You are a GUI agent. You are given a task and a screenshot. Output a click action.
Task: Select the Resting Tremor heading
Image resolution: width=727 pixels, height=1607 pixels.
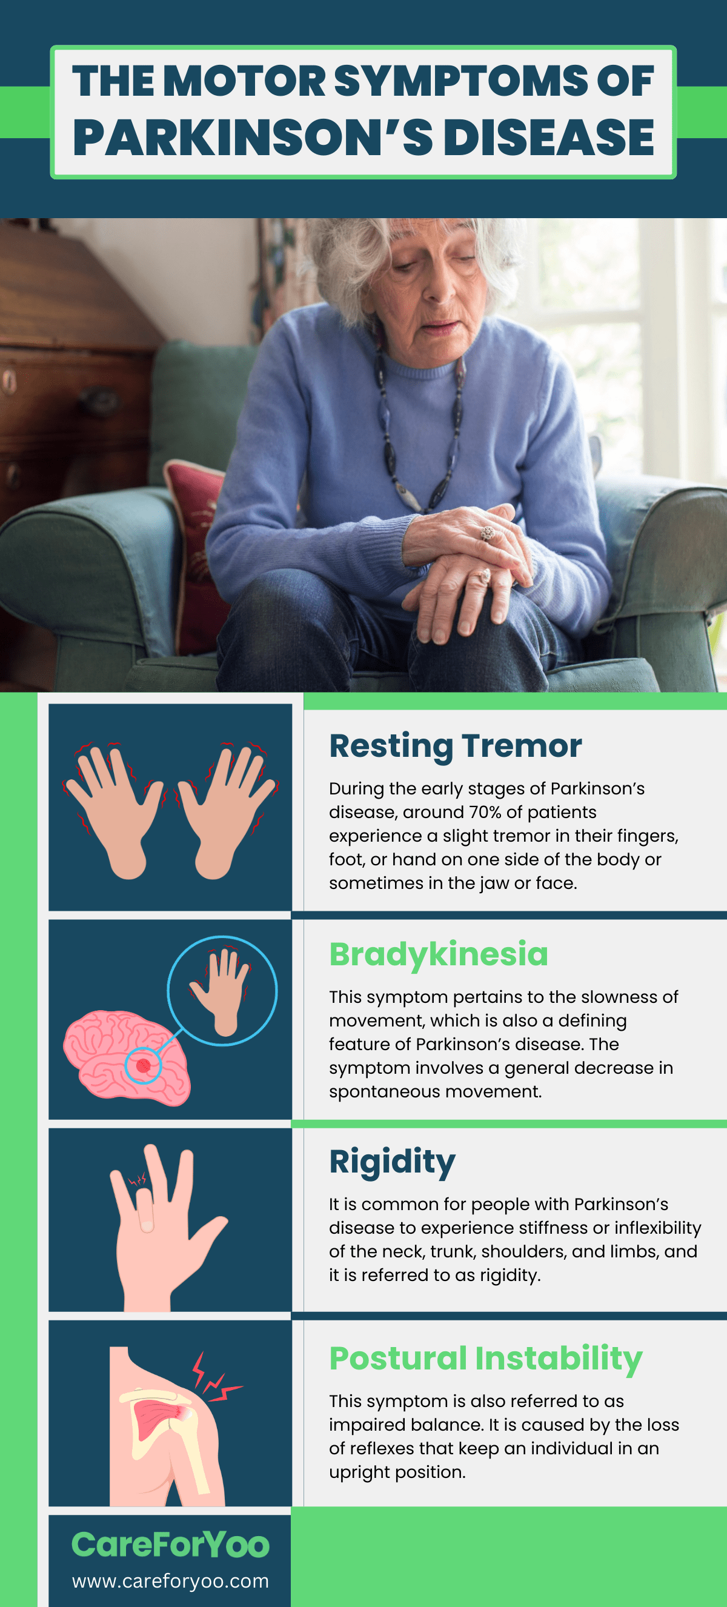(x=455, y=745)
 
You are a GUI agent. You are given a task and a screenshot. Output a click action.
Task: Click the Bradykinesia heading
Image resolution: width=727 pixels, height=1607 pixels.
(x=438, y=954)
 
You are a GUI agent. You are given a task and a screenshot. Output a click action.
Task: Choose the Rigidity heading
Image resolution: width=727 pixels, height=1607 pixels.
(x=392, y=1162)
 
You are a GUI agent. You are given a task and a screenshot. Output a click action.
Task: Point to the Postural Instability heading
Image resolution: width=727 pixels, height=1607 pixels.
(x=486, y=1358)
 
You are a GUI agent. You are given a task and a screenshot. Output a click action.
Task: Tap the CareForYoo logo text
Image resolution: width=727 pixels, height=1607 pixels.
(x=170, y=1545)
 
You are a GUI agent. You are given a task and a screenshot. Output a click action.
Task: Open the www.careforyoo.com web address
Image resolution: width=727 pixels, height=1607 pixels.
(x=170, y=1581)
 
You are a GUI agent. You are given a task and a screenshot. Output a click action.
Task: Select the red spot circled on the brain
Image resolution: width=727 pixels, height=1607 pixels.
(x=144, y=1065)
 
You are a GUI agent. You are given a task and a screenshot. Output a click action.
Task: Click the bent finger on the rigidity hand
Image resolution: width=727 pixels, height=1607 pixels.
(x=146, y=1210)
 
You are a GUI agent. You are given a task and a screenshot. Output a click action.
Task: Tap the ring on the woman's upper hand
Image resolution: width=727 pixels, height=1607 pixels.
(x=487, y=533)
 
